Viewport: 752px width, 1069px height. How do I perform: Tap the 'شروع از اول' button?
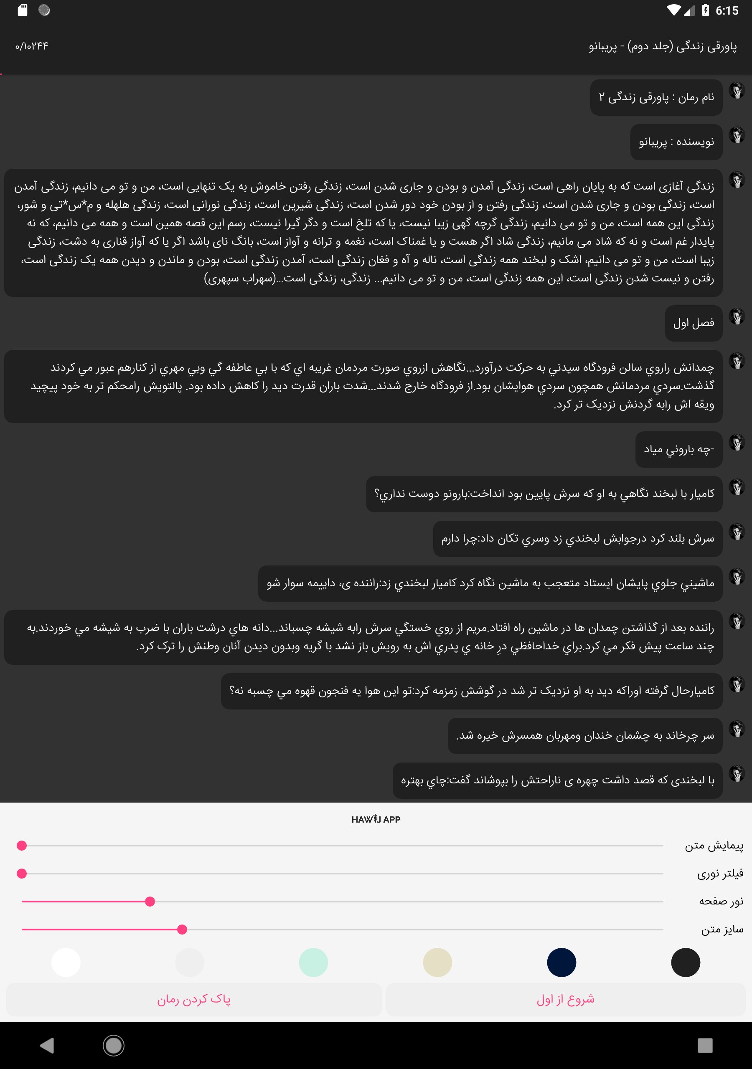click(x=565, y=999)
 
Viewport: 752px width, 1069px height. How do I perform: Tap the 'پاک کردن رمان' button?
click(x=194, y=999)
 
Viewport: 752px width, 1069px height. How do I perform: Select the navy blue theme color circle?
click(x=561, y=962)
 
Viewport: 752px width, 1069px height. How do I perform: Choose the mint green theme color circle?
click(x=313, y=962)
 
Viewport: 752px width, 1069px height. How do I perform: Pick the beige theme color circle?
click(x=437, y=962)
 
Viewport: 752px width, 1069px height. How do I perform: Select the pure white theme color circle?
click(x=66, y=962)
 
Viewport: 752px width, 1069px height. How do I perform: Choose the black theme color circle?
click(x=686, y=962)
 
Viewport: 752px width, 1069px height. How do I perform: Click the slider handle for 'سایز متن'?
click(x=182, y=930)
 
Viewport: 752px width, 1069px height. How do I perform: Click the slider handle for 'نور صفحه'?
click(x=150, y=902)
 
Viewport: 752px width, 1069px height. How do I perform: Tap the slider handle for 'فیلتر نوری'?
click(x=21, y=874)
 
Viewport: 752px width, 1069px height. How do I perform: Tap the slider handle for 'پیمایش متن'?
click(x=21, y=846)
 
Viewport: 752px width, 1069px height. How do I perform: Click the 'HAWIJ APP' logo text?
click(x=376, y=819)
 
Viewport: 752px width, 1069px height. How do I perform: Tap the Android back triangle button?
click(x=47, y=1045)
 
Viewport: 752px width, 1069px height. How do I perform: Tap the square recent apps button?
click(x=705, y=1045)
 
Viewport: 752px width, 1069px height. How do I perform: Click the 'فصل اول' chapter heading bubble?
click(x=693, y=323)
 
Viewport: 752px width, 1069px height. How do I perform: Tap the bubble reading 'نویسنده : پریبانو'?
click(x=676, y=142)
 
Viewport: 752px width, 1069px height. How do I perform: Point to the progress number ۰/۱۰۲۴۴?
click(x=32, y=46)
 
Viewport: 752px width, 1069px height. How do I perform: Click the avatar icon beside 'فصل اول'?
click(x=737, y=317)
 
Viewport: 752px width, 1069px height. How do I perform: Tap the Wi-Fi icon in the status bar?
click(x=673, y=10)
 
